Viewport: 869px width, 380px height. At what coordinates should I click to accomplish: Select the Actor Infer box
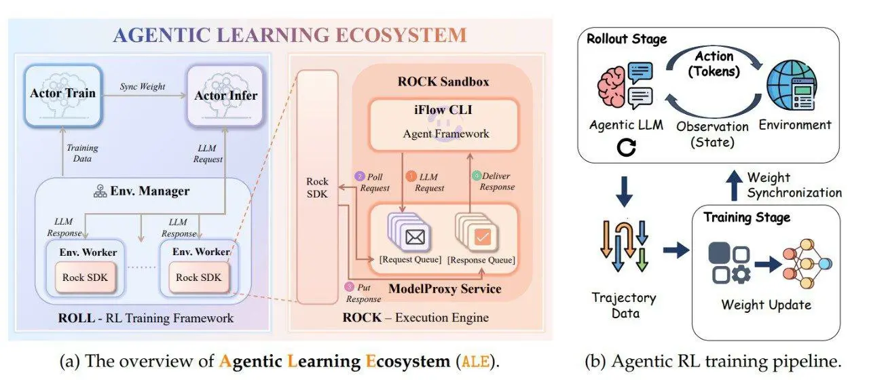pos(226,95)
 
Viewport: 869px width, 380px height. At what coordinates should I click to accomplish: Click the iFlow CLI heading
pos(444,111)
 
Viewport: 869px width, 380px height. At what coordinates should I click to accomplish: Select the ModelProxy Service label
pos(445,289)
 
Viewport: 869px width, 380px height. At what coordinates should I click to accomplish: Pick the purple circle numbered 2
pos(360,176)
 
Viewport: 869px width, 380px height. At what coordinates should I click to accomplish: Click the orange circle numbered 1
pos(410,176)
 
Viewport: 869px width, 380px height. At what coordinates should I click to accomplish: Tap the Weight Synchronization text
pos(794,185)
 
